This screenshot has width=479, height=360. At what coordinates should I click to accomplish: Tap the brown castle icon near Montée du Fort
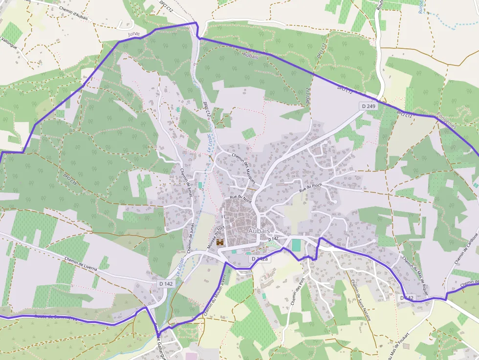click(x=220, y=242)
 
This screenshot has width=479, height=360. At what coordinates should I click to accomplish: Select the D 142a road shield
click(x=260, y=258)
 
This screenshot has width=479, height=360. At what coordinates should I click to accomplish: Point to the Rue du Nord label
click(x=240, y=199)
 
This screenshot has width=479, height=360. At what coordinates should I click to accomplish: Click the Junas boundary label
click(x=133, y=35)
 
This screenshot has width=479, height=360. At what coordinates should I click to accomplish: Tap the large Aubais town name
click(x=260, y=230)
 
